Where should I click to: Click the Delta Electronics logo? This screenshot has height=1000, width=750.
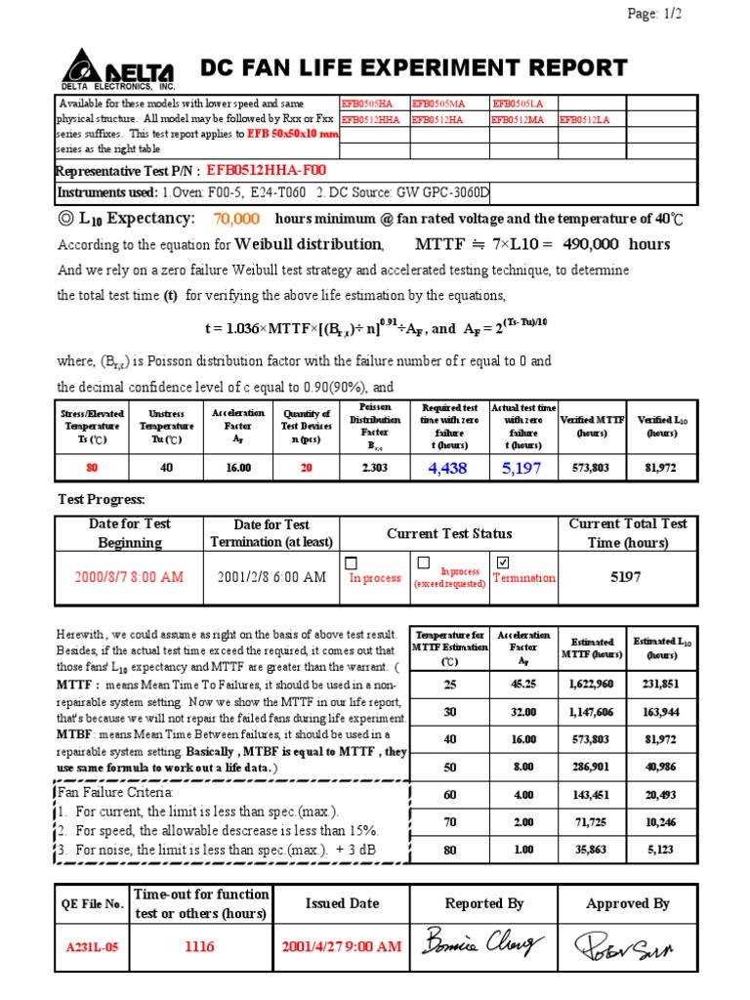[x=118, y=70]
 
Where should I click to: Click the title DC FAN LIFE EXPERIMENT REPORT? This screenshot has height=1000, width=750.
[x=413, y=67]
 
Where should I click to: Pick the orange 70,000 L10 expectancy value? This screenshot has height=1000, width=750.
[x=236, y=219]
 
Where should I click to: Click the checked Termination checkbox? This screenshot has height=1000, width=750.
[x=503, y=562]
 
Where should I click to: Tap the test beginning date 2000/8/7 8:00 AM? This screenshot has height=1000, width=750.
[x=130, y=577]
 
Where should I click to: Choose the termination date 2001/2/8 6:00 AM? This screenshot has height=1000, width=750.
[x=272, y=577]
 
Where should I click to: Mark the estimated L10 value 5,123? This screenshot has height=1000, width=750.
[x=661, y=850]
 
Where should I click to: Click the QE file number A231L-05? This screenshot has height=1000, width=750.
[x=92, y=946]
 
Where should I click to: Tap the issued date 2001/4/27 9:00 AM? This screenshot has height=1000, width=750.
[x=341, y=946]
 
